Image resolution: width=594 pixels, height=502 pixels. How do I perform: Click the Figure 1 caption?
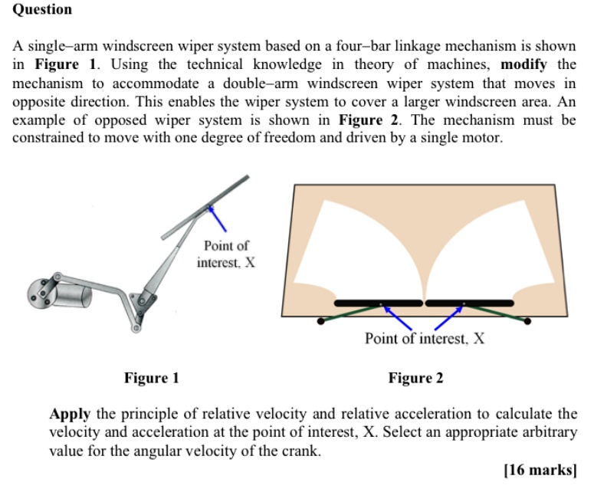(x=151, y=378)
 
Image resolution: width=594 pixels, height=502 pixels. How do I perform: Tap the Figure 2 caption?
(x=415, y=378)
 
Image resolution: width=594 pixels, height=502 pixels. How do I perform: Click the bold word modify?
(x=525, y=64)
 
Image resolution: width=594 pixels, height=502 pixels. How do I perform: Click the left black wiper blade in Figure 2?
(x=379, y=302)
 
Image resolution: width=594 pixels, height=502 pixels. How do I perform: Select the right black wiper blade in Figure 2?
(x=469, y=302)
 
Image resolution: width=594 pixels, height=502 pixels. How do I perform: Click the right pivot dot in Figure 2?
(x=527, y=320)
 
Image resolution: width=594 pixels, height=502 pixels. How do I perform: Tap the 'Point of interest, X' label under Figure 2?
(x=424, y=338)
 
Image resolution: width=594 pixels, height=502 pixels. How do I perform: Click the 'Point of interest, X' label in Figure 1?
(x=226, y=254)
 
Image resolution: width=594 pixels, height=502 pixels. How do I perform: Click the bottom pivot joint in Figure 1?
(x=136, y=328)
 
